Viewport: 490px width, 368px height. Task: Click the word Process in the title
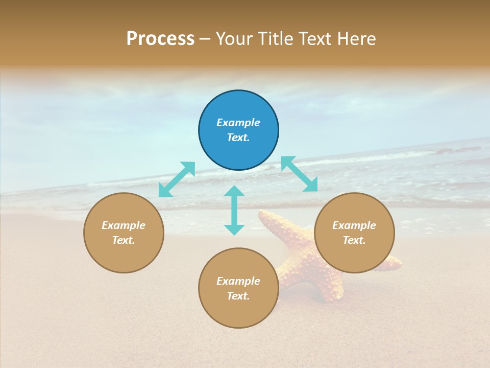point(160,39)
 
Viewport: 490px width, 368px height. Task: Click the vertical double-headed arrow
point(234,210)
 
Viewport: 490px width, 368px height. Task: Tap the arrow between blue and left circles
point(177,179)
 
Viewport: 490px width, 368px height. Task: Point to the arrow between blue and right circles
point(300,174)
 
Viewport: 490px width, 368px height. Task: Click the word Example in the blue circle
point(238,123)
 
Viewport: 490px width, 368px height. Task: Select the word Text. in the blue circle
point(238,137)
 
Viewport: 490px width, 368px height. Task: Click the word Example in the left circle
point(124,225)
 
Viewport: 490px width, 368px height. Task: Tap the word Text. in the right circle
point(354,240)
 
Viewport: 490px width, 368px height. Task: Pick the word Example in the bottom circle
point(238,281)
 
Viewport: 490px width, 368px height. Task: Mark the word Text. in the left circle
point(124,240)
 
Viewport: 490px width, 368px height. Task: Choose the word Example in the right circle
point(354,225)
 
